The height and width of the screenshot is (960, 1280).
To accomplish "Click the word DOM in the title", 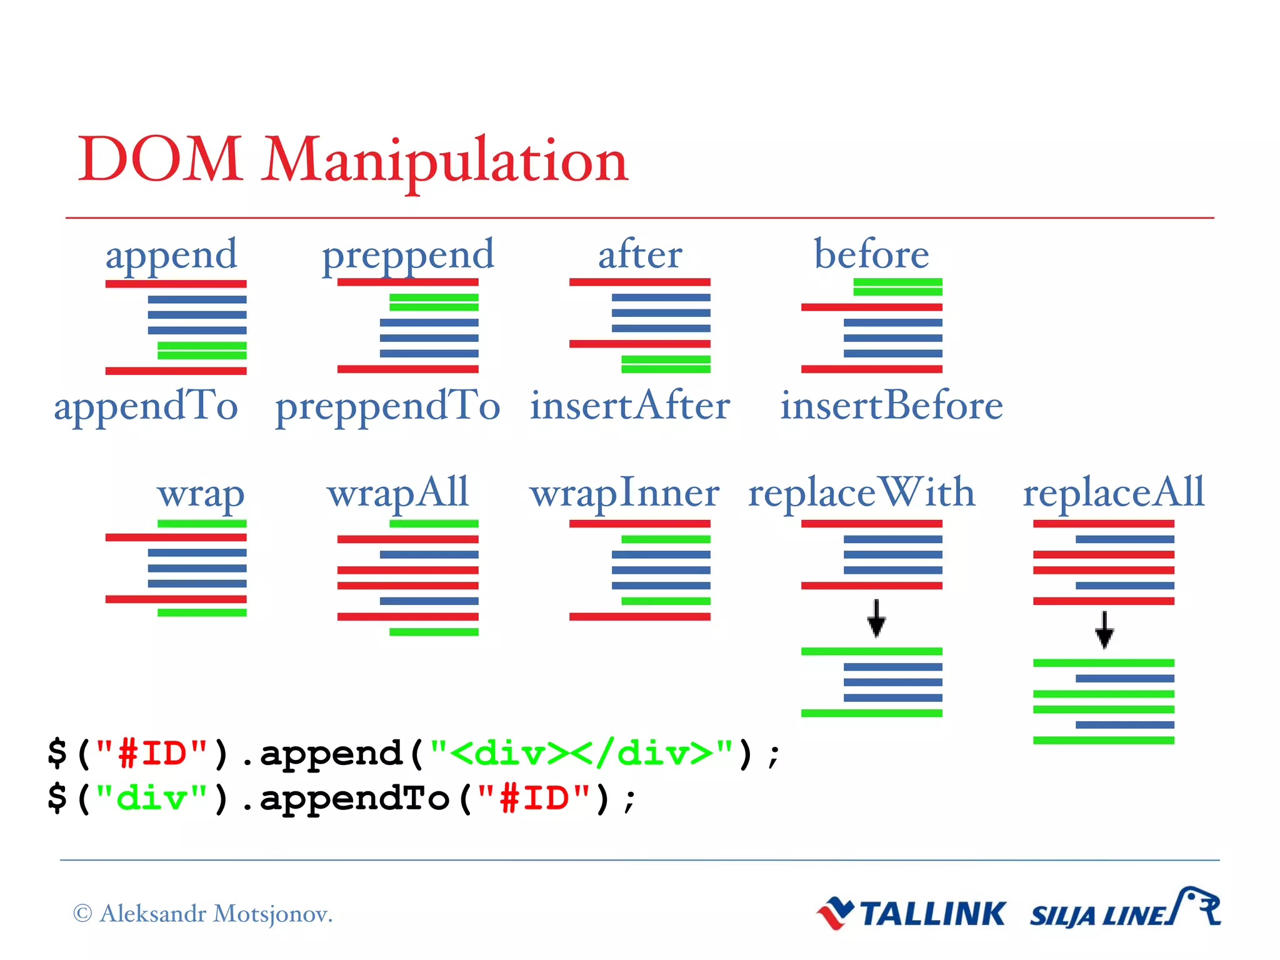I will click(160, 160).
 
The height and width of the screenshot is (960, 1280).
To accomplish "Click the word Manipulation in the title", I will click(444, 161).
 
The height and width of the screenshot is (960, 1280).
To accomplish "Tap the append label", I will click(171, 255).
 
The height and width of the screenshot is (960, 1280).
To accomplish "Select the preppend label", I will click(407, 255).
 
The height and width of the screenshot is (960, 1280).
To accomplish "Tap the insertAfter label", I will click(630, 405).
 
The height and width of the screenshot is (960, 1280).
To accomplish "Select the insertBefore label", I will click(891, 405).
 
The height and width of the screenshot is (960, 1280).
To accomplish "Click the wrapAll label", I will click(397, 494).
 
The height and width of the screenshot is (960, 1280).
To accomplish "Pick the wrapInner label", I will click(624, 494).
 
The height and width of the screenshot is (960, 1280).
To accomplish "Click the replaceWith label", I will click(861, 492).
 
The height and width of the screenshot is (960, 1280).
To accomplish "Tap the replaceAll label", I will click(1113, 492).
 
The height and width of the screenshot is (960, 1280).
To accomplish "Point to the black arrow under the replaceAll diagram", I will click(1104, 629).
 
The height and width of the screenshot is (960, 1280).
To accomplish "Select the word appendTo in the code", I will click(354, 798).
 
